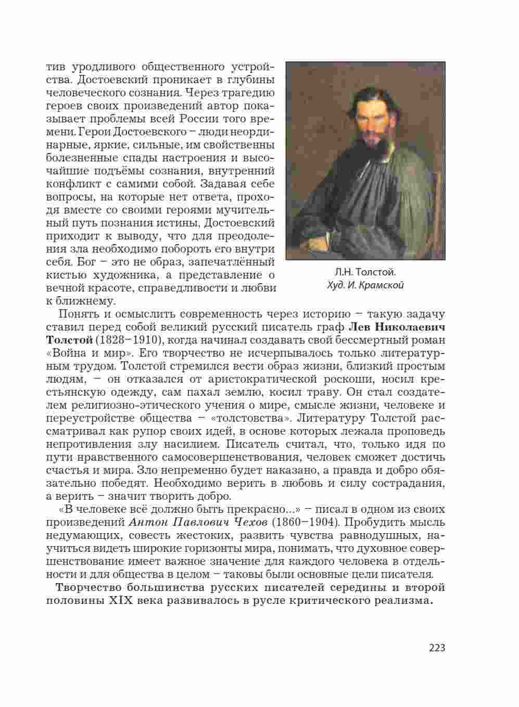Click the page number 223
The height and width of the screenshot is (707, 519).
(x=437, y=648)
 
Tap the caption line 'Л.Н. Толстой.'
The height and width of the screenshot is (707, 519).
(x=365, y=272)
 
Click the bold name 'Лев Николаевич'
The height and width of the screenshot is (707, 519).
(x=396, y=327)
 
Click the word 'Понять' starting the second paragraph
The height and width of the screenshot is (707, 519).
(x=78, y=314)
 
